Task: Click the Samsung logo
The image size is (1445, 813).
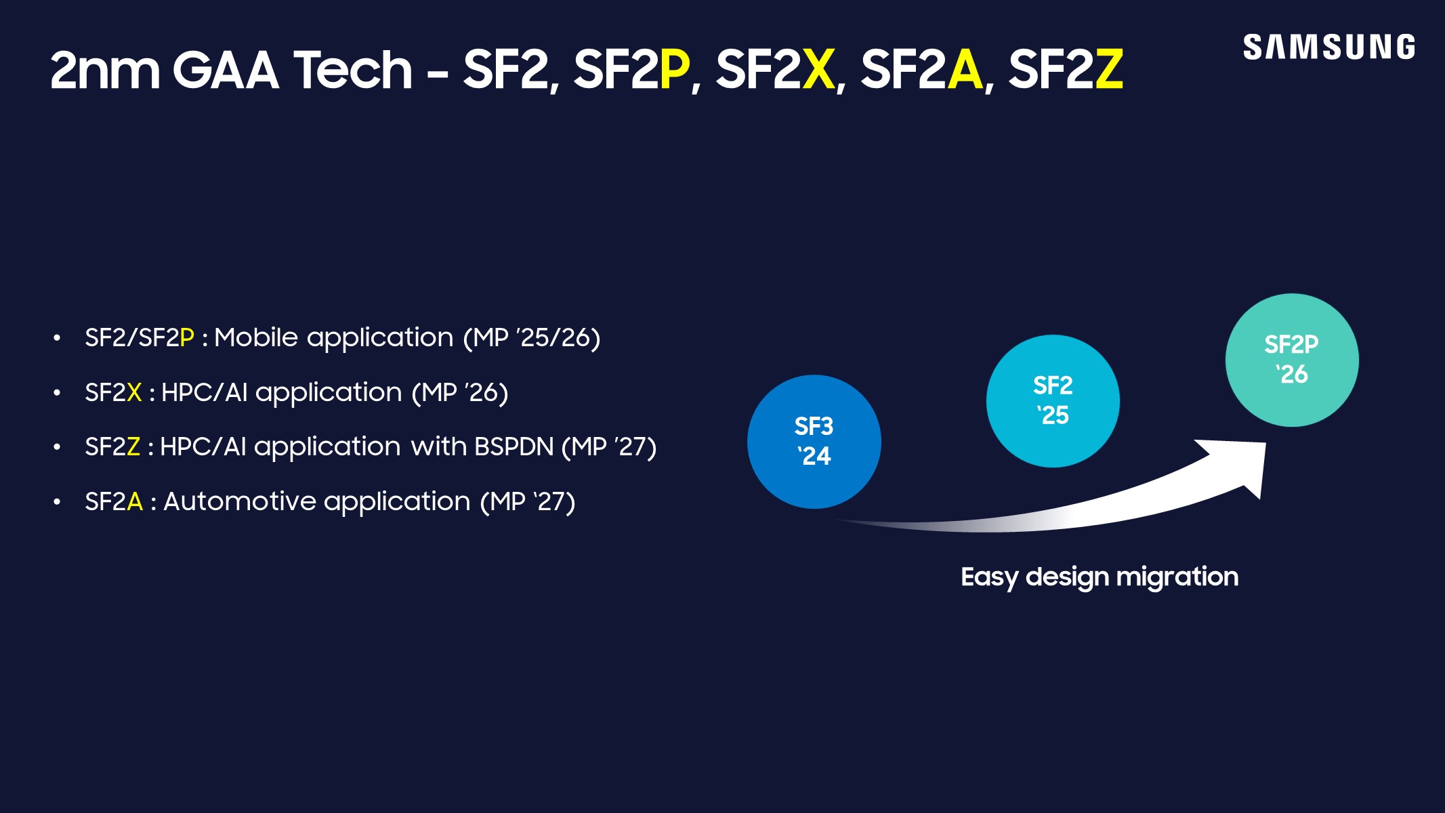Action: click(x=1328, y=47)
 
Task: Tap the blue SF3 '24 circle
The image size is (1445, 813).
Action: click(x=814, y=442)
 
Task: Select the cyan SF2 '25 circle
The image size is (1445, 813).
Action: click(x=1053, y=400)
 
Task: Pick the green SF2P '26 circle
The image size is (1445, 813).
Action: click(x=1291, y=360)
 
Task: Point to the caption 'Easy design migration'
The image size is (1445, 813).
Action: click(x=1099, y=577)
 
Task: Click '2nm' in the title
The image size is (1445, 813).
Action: click(x=105, y=70)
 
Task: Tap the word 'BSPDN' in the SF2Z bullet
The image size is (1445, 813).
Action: click(x=514, y=446)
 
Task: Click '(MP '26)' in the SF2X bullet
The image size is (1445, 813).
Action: click(x=460, y=392)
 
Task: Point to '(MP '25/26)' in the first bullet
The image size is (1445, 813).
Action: click(x=531, y=337)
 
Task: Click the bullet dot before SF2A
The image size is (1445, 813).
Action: click(x=58, y=502)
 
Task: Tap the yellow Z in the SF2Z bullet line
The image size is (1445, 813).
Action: click(x=133, y=446)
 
